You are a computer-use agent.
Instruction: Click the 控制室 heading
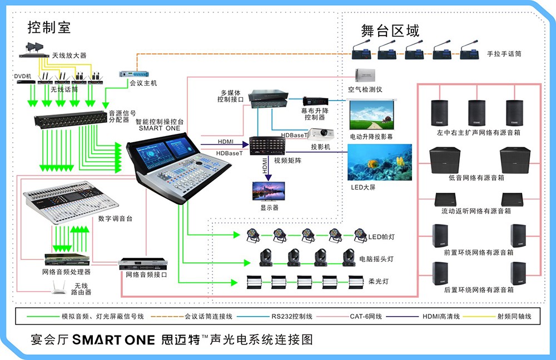pyautogui.click(x=49, y=27)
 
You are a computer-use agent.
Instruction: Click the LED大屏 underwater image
pyautogui.click(x=380, y=162)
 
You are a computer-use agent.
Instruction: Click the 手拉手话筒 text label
pyautogui.click(x=504, y=54)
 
